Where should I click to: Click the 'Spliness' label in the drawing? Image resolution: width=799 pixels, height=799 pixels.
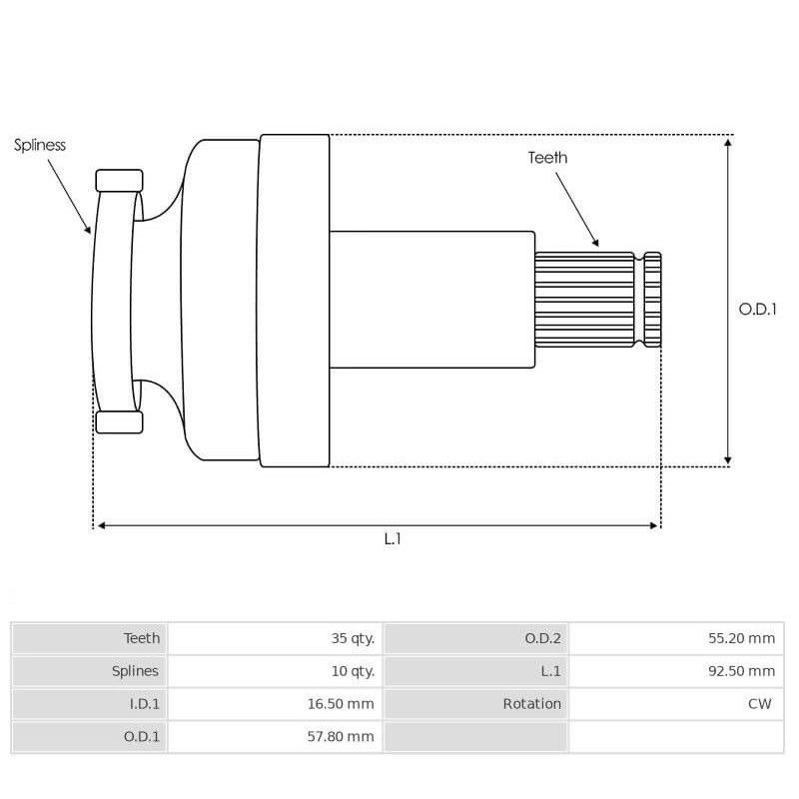(40, 145)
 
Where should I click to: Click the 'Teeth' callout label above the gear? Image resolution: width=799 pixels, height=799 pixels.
(547, 158)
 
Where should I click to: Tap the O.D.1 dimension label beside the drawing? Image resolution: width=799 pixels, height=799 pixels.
(757, 309)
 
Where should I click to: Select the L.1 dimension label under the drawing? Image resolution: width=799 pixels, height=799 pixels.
(393, 538)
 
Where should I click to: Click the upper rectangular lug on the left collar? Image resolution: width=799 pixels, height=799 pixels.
(119, 181)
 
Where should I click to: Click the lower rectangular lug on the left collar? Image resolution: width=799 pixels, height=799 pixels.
(119, 421)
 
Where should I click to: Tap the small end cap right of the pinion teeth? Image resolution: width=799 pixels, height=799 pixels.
(652, 300)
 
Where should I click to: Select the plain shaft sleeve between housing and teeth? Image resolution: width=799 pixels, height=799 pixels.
(431, 300)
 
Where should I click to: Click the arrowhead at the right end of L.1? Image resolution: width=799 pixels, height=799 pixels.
(654, 525)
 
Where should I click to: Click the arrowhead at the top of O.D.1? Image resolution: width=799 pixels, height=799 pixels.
(728, 143)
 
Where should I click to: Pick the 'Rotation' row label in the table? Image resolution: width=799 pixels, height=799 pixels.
(531, 704)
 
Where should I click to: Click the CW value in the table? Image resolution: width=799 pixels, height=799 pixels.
(759, 704)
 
